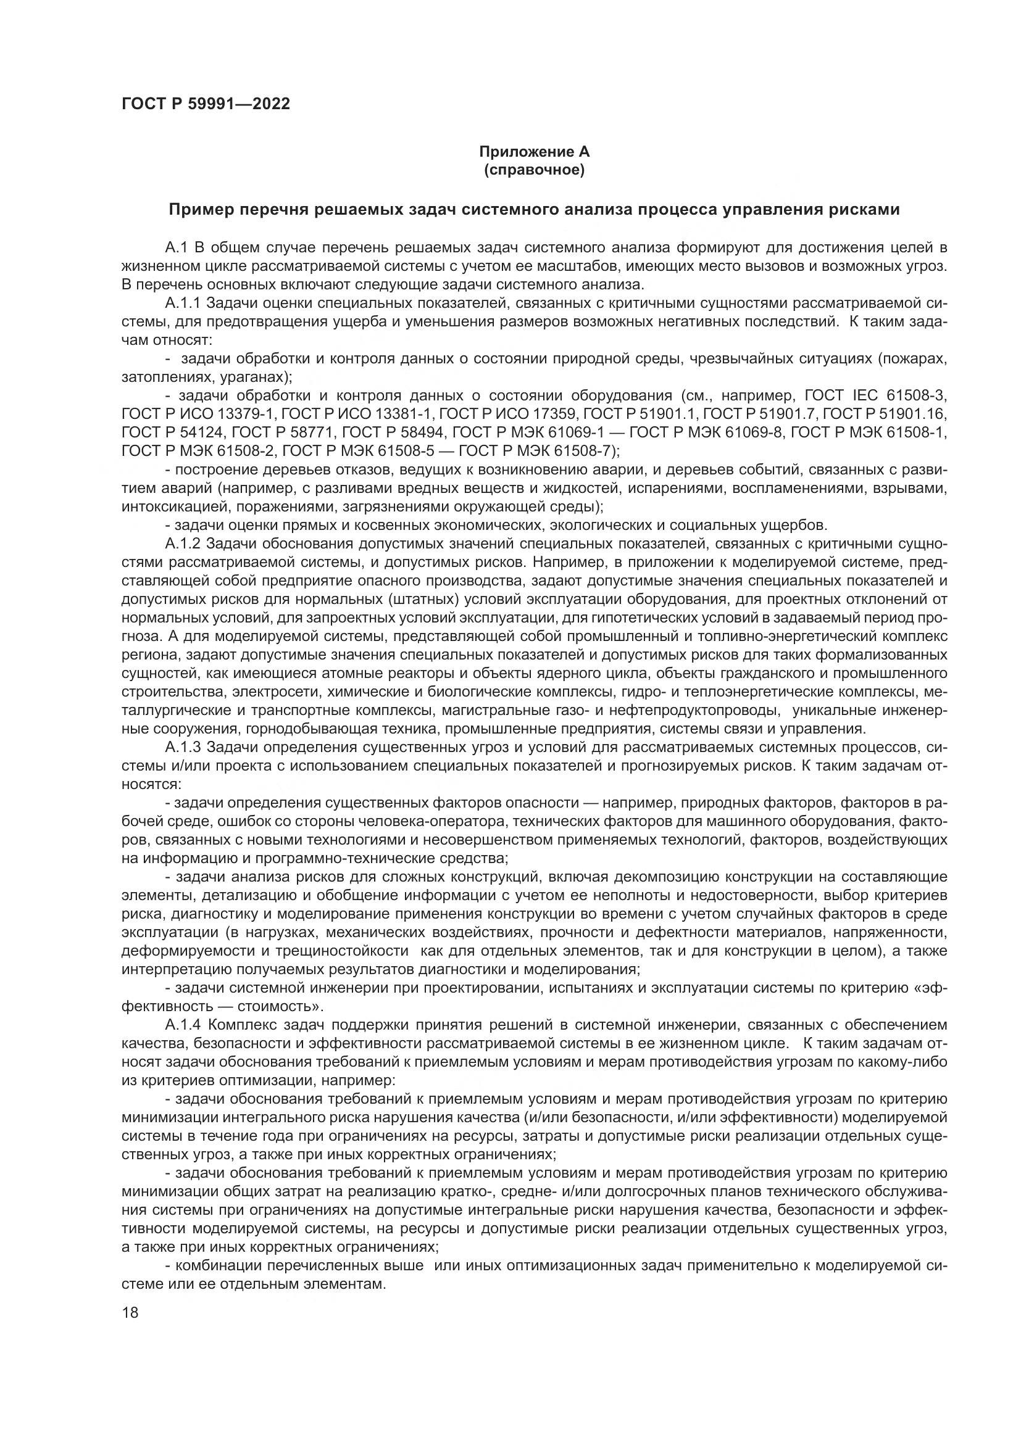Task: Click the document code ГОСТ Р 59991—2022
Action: click(206, 104)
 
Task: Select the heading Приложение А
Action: click(534, 152)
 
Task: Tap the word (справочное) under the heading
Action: click(534, 170)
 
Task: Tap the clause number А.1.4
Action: click(183, 1026)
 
